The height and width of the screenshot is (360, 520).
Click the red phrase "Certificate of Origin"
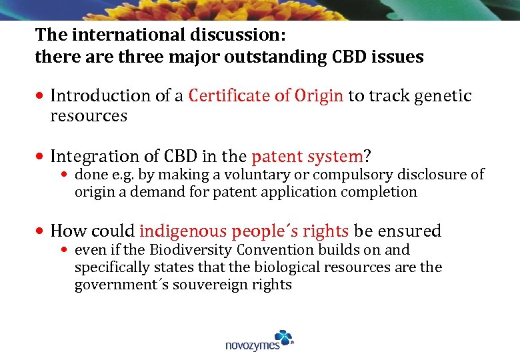(266, 96)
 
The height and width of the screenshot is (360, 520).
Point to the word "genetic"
(443, 96)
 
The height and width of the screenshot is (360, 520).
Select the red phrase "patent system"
(307, 157)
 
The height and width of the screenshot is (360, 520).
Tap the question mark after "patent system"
(367, 157)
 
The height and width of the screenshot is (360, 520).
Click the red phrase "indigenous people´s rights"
(244, 231)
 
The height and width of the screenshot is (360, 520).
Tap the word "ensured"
(408, 231)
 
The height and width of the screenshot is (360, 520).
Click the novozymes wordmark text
(253, 345)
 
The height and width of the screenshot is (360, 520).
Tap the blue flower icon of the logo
(283, 337)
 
